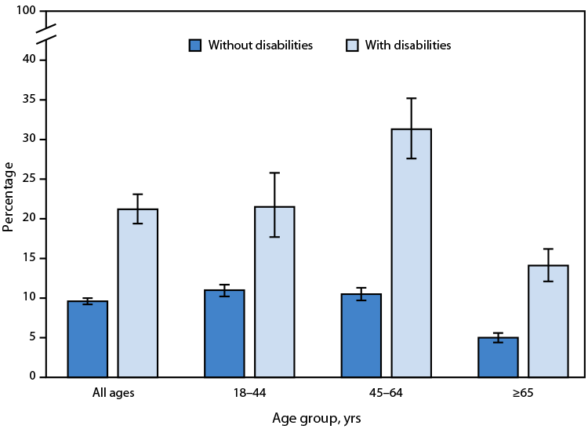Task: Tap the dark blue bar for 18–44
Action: coord(224,333)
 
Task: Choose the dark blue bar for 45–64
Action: coord(361,335)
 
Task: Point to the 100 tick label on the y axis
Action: coord(27,11)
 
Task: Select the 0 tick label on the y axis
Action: coord(33,377)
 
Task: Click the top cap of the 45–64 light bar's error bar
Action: coord(412,98)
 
